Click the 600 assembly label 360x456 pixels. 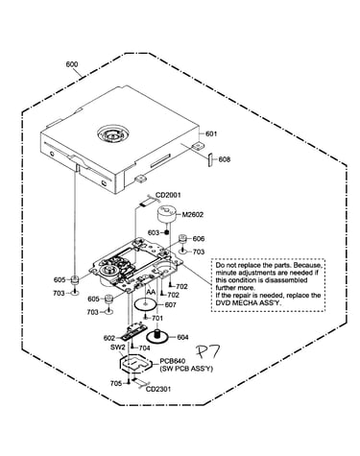72,64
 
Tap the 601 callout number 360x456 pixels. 211,133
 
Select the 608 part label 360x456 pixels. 225,159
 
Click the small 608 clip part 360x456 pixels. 210,159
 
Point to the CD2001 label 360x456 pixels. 168,195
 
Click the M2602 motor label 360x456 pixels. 193,215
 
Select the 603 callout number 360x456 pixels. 154,232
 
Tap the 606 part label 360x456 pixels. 199,239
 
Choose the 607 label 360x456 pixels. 170,305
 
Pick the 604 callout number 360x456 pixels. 182,337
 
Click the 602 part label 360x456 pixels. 109,338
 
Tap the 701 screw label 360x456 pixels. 157,318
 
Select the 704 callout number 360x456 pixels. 144,348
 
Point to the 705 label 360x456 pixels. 116,383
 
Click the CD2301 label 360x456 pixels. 158,389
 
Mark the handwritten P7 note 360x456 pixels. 207,352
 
